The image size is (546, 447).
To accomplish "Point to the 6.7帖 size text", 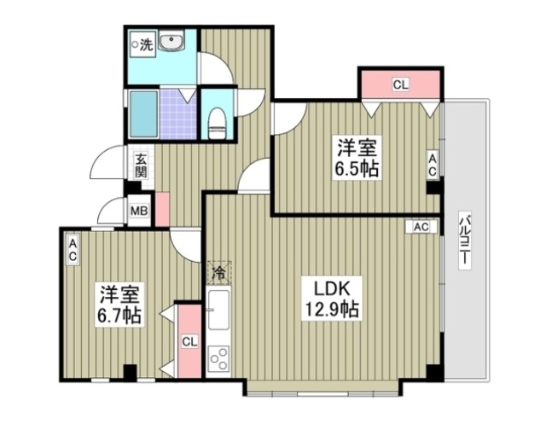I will [118, 315].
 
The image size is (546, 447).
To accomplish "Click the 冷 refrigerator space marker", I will [218, 274].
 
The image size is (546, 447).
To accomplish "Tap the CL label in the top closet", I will [400, 84].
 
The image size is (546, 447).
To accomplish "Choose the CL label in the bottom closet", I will [189, 342].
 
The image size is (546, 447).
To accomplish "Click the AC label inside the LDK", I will [421, 228].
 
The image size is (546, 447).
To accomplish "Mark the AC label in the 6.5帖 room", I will [433, 165].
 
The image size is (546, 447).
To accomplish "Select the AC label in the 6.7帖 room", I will [73, 250].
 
